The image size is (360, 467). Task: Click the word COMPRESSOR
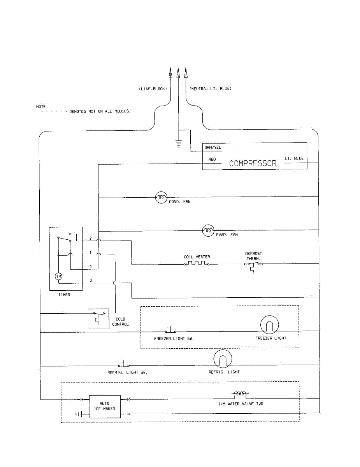point(253,163)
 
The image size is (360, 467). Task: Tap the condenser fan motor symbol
point(161,198)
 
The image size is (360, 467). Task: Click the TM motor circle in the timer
point(58,276)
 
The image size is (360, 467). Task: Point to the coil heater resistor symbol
point(197,264)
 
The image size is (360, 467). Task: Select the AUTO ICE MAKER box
point(105,407)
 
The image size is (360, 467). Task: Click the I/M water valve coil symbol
point(239,394)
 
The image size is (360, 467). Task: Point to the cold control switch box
point(99,319)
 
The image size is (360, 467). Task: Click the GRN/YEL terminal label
point(210,148)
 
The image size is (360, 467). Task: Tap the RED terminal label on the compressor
point(212,160)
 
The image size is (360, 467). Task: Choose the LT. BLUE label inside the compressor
point(294,158)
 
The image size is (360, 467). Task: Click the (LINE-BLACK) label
point(153,89)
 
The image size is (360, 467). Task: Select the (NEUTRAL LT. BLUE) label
point(210,89)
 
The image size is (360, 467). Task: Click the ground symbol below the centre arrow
point(179,144)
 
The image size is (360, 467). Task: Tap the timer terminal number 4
point(90,266)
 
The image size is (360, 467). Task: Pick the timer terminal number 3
point(90,281)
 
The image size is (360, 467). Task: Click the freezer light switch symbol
point(170,330)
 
